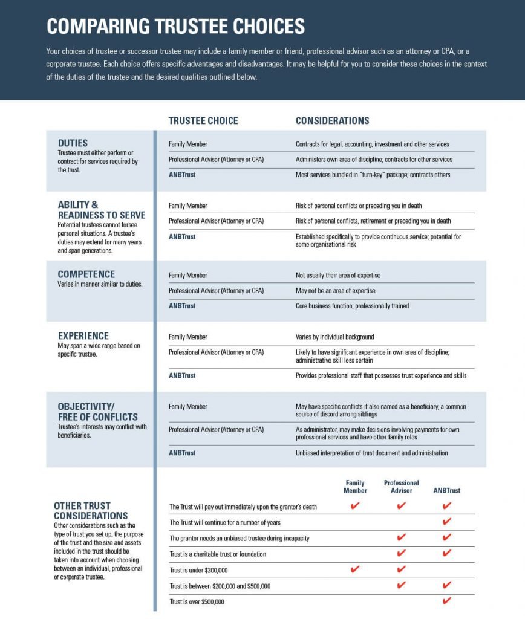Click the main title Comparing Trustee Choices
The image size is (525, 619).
tap(175, 27)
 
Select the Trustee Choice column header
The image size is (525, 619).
tap(203, 121)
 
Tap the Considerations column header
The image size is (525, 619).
tap(332, 121)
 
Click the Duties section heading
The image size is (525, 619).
tap(73, 143)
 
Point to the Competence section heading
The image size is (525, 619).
tap(86, 274)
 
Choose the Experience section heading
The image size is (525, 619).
tap(83, 336)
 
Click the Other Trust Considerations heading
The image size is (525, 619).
tap(91, 511)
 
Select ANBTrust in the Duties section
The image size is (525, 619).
tap(182, 175)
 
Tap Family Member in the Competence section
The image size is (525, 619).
tap(187, 275)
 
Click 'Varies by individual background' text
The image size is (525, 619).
tap(334, 337)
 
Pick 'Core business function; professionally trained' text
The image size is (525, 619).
tap(352, 306)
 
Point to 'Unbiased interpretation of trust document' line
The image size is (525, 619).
tap(371, 453)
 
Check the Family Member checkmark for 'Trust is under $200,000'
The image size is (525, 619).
tap(355, 569)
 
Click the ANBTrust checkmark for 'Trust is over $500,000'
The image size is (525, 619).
tap(447, 601)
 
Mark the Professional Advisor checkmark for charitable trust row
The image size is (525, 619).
tap(401, 553)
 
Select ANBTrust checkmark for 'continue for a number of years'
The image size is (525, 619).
tap(447, 522)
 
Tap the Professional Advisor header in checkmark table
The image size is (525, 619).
tap(401, 487)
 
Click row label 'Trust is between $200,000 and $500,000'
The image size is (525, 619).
tap(220, 586)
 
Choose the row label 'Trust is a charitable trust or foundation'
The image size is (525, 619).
tap(217, 554)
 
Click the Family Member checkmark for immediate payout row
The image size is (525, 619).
tap(355, 506)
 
